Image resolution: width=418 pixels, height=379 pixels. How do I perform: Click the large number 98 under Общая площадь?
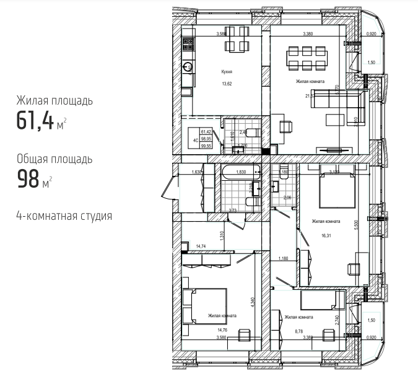(x=27, y=180)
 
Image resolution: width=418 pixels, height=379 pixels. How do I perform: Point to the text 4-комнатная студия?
(x=64, y=216)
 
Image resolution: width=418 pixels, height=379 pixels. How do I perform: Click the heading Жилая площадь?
(x=55, y=100)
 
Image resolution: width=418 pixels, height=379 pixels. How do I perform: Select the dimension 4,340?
(x=253, y=303)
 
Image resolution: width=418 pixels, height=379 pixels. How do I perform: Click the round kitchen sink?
(x=187, y=66)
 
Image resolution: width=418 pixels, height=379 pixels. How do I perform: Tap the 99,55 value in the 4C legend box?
(x=206, y=147)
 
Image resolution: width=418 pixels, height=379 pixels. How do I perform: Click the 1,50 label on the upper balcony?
(x=372, y=63)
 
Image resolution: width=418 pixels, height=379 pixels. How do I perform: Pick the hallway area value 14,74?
(x=201, y=246)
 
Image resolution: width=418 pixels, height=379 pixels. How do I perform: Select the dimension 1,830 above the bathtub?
(x=242, y=173)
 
